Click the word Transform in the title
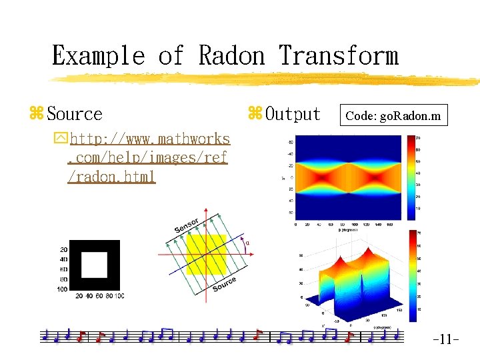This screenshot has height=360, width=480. [x=339, y=55]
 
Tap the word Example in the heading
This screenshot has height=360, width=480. [x=97, y=55]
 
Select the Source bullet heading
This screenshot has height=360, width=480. [x=74, y=114]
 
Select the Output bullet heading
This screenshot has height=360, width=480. [x=292, y=114]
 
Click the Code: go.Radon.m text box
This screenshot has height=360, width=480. [x=393, y=115]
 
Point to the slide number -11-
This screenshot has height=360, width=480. [x=445, y=340]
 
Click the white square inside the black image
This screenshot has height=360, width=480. [x=94, y=265]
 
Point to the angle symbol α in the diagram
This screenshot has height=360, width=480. [x=248, y=243]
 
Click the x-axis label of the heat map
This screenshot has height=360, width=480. [x=348, y=229]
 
